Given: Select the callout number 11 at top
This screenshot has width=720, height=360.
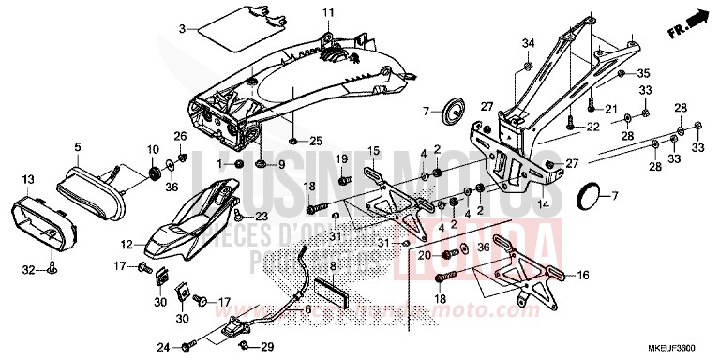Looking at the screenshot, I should [329, 11].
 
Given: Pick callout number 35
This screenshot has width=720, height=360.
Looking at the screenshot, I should [644, 73].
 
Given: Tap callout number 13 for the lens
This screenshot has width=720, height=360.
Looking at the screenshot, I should [27, 179].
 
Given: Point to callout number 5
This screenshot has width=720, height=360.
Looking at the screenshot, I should [78, 147].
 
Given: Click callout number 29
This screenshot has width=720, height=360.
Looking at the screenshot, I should [269, 348].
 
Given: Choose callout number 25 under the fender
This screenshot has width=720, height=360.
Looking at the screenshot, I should [316, 142].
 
